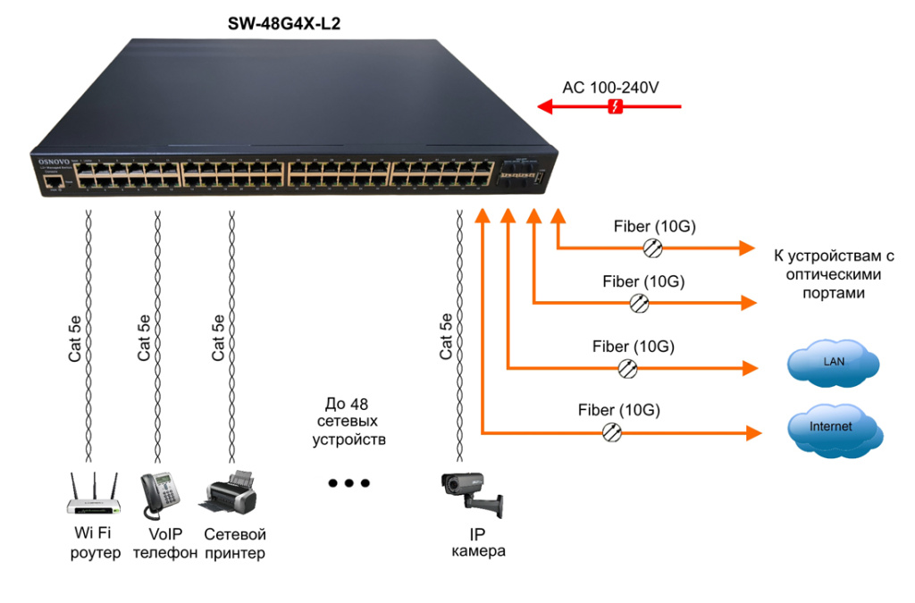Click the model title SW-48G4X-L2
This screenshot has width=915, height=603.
click(284, 25)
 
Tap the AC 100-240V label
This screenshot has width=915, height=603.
click(610, 88)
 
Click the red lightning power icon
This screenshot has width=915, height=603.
click(615, 107)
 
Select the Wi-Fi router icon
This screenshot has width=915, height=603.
click(94, 496)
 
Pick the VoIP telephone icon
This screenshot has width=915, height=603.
click(161, 494)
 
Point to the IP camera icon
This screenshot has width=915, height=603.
click(472, 494)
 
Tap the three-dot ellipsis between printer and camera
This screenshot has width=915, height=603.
click(348, 483)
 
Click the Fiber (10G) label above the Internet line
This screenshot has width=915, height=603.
click(618, 410)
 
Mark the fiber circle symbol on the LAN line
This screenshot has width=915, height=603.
click(628, 367)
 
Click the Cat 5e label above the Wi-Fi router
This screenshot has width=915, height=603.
click(77, 339)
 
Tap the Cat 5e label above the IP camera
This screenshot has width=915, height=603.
click(447, 339)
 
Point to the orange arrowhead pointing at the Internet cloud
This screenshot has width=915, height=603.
click(753, 432)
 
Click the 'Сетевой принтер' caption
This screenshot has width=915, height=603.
click(235, 543)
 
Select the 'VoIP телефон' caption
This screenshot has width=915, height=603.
click(164, 543)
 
